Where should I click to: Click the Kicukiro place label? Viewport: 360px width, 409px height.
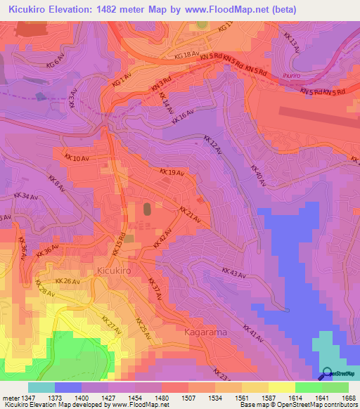(112, 270)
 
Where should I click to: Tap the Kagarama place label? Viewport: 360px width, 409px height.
(204, 331)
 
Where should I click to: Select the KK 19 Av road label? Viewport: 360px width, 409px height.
(172, 172)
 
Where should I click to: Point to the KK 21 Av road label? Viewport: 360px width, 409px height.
(190, 216)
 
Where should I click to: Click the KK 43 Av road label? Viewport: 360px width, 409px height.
(234, 273)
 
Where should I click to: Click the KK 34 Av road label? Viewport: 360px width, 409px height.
(27, 195)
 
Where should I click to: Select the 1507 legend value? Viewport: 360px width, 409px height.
(188, 398)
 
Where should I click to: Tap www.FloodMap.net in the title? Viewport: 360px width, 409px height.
(224, 10)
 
